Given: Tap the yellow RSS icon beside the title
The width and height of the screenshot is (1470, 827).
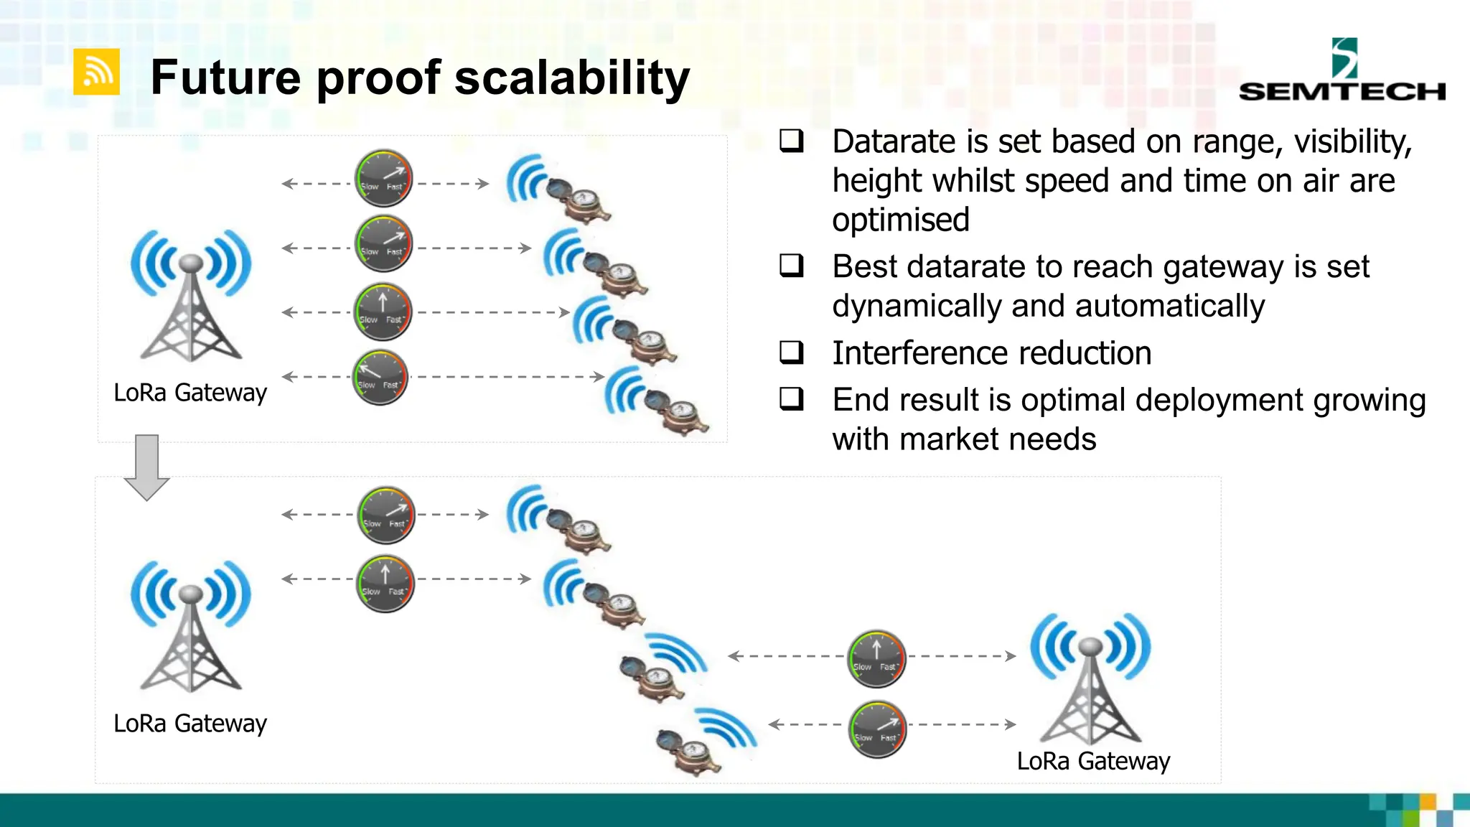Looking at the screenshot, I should coord(96,72).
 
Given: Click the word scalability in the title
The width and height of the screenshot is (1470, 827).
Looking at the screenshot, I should coord(572,78).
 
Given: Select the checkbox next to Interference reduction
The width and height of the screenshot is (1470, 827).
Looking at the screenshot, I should coord(791,352).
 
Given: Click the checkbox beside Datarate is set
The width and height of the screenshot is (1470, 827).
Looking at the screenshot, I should coord(791,141).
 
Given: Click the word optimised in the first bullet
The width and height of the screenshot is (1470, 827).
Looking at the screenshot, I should coord(900,220).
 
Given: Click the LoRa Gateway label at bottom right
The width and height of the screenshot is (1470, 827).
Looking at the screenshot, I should coord(1093,761).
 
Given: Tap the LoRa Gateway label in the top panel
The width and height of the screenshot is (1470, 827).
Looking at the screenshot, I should coord(190,393).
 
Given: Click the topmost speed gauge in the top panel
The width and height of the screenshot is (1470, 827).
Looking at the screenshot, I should coord(383,178).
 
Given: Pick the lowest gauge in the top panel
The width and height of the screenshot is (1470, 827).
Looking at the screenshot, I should coord(380,378).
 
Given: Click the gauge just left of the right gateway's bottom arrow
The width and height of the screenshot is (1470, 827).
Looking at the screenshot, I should coord(876,729).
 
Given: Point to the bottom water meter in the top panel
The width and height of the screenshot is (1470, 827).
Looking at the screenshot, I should coord(678,413).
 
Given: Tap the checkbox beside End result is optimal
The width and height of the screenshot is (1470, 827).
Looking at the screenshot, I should coord(791,399).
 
